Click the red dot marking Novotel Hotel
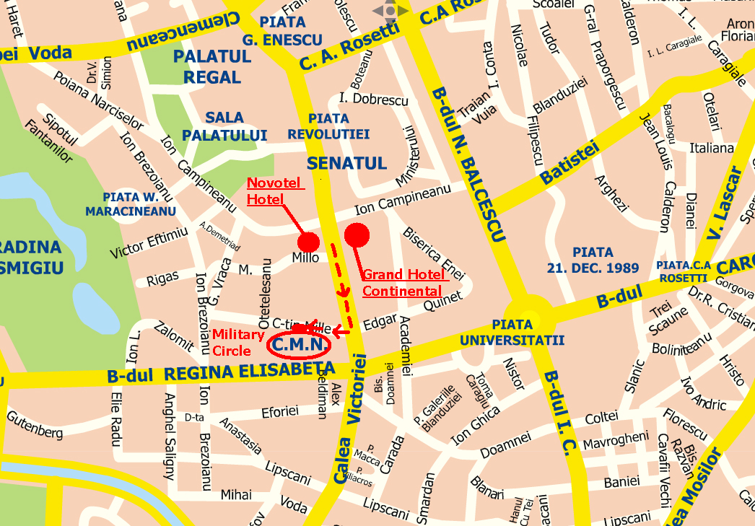308,242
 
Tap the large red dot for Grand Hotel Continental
357,235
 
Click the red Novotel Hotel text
275,190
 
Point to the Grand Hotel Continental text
402,283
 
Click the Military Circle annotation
237,342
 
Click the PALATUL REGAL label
212,66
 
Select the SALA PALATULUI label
224,126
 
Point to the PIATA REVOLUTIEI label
328,126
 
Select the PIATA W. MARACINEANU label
131,203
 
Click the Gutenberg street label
35,425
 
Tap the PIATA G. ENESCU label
272,31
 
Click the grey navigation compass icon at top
390,11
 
